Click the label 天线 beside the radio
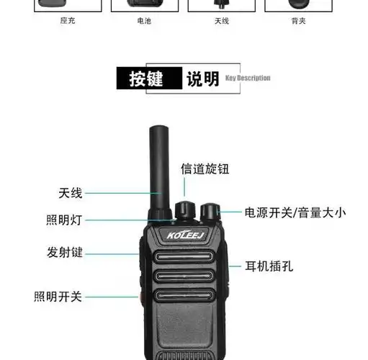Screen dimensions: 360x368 [x=71, y=193]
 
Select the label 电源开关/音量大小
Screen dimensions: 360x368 [x=295, y=212]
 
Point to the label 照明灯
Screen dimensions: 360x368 [x=64, y=220]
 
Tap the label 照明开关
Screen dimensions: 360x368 [x=58, y=296]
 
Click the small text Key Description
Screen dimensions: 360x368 [x=248, y=78]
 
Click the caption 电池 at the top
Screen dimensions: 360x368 [x=144, y=22]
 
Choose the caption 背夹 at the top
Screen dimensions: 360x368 [x=298, y=22]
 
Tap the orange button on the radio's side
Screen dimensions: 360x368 [x=135, y=296]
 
